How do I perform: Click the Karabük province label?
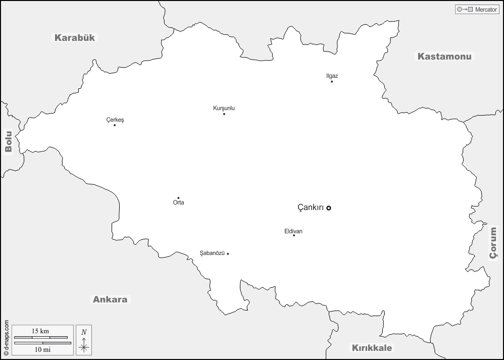click(75, 37)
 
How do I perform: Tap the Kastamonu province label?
click(444, 56)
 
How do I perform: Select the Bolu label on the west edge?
click(8, 141)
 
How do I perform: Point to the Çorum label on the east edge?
click(493, 242)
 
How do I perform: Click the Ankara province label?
click(110, 299)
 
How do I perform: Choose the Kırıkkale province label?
click(372, 348)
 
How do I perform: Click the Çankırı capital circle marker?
click(329, 208)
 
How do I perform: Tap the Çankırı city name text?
click(311, 208)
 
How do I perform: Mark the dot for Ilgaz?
click(332, 81)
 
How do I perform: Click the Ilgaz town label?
click(332, 76)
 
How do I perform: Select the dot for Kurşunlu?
click(224, 114)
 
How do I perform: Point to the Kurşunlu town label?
click(224, 108)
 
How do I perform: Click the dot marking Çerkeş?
click(115, 125)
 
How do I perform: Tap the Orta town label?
click(178, 203)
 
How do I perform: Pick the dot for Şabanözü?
click(228, 253)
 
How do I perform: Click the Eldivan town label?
click(293, 231)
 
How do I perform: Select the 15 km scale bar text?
click(40, 331)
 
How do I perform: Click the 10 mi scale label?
click(40, 349)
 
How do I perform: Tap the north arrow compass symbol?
click(84, 339)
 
